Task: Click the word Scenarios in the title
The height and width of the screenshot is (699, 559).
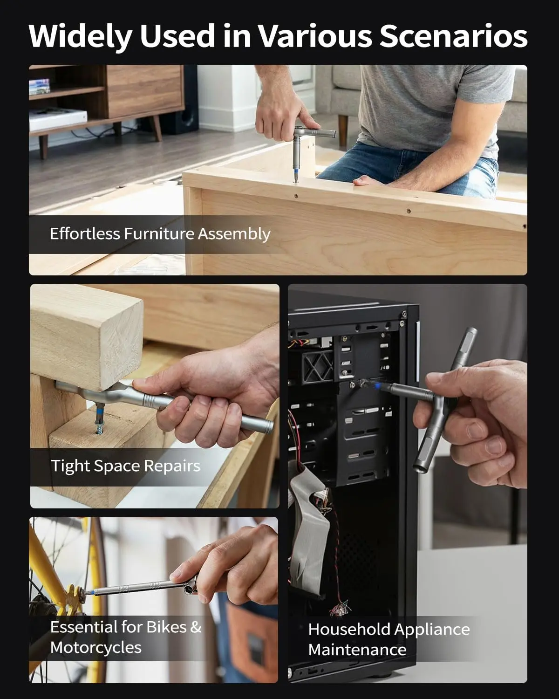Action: tap(453, 36)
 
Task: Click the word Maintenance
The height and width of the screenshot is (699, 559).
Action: tap(357, 650)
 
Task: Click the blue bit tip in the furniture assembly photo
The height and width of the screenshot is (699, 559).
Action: tap(296, 174)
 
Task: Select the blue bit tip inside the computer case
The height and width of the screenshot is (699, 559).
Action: tap(377, 386)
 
